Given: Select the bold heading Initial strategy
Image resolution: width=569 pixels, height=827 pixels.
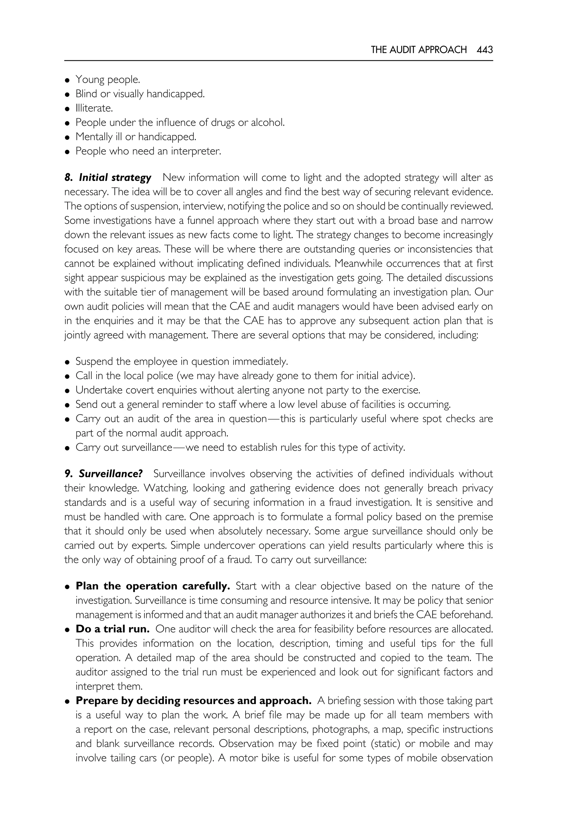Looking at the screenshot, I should pos(115,177).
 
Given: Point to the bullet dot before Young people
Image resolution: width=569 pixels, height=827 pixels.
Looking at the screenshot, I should pos(67,80).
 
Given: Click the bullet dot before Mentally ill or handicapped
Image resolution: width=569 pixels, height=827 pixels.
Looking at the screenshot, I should pos(67,138).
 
